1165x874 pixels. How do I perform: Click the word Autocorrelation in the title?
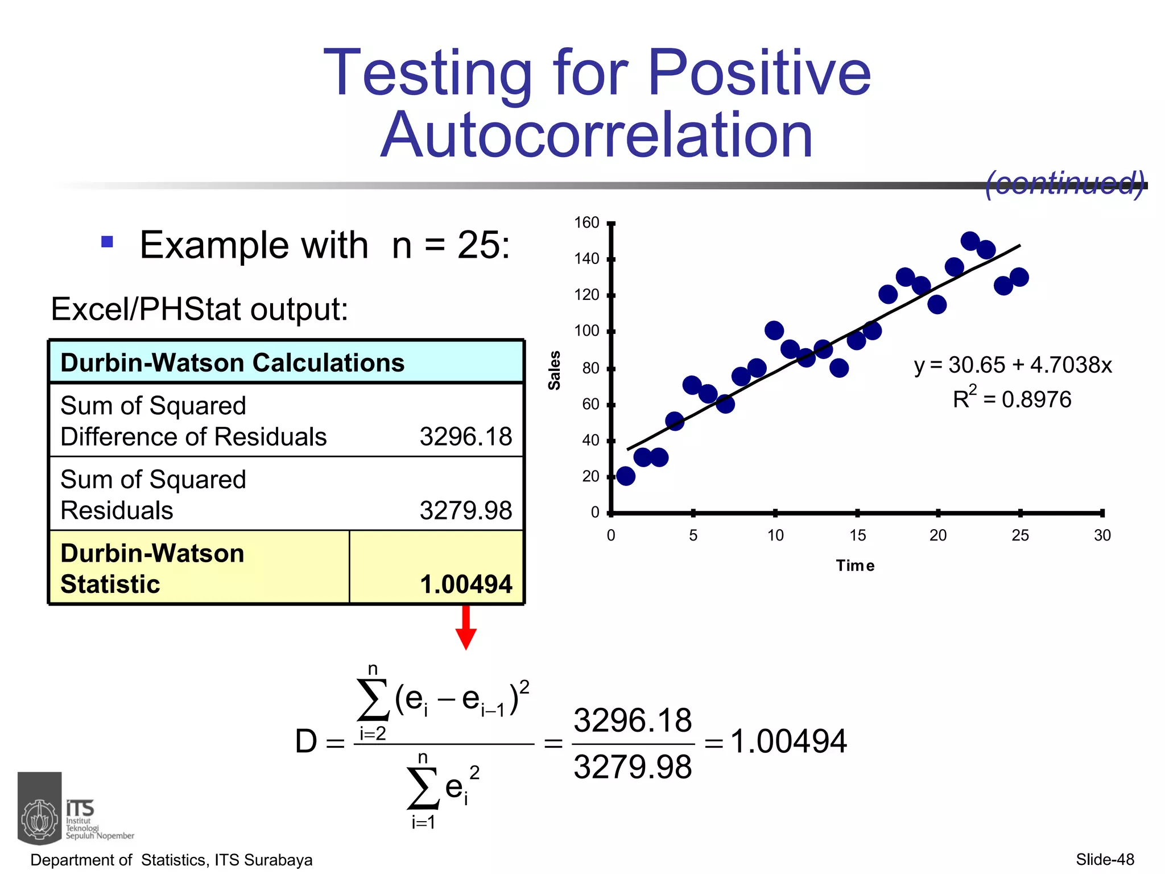(x=597, y=135)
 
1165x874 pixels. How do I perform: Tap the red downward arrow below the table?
(x=466, y=628)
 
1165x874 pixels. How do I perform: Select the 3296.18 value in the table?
(x=465, y=437)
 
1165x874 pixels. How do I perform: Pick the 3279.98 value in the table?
(x=465, y=510)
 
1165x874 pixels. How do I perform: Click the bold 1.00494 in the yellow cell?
(x=465, y=584)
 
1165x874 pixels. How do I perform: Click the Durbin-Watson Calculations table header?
(x=232, y=362)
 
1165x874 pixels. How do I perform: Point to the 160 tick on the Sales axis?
(x=586, y=222)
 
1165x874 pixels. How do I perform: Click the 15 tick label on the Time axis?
(x=857, y=535)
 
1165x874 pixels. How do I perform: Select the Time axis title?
(x=855, y=566)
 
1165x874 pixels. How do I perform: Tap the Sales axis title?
(x=554, y=370)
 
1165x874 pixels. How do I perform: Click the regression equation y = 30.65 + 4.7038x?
(x=1013, y=365)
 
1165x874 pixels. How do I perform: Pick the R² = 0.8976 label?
(x=1011, y=398)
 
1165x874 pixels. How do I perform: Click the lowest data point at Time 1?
(x=626, y=476)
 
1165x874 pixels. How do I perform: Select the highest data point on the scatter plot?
(x=970, y=241)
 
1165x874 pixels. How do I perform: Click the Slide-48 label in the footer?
(x=1105, y=859)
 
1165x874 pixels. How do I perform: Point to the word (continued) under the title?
(x=1064, y=183)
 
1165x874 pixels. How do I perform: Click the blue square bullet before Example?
(x=107, y=242)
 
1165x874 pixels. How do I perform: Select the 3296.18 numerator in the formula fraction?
(x=633, y=720)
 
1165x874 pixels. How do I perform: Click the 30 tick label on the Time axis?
(x=1102, y=535)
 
